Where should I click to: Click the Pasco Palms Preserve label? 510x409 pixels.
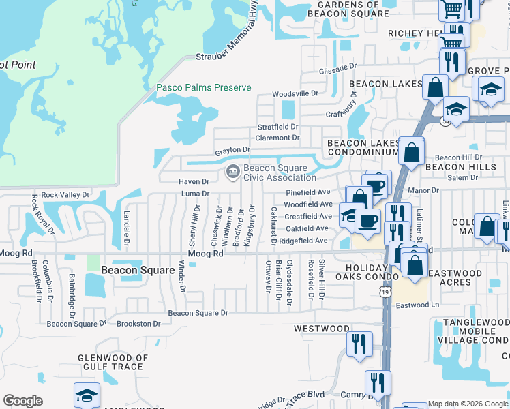[204, 88]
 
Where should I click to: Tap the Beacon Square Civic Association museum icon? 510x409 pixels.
[232, 172]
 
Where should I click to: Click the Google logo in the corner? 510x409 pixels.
[22, 401]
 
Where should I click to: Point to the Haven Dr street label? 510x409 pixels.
[194, 182]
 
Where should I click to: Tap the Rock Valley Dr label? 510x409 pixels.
[65, 195]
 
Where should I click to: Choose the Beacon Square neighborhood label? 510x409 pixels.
[138, 270]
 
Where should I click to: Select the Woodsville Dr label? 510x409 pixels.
[295, 93]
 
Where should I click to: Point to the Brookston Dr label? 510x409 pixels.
[139, 324]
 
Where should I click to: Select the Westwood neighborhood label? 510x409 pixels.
[322, 329]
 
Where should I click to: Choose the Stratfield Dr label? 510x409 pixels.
[277, 127]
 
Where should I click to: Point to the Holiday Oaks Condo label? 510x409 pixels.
[367, 272]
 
